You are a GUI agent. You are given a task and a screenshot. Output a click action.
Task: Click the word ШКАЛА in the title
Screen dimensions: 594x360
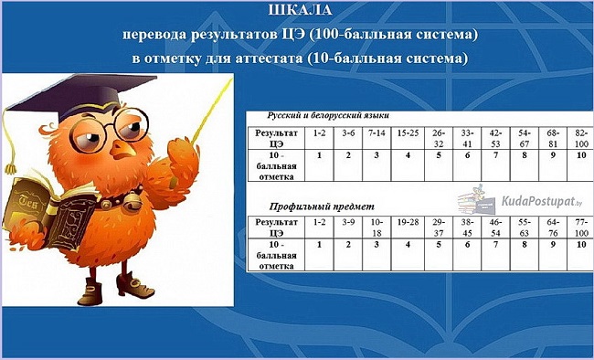[300, 10]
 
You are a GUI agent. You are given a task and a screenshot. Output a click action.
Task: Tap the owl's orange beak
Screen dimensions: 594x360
[122, 149]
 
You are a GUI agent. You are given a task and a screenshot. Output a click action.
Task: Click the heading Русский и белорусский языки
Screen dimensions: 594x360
[328, 115]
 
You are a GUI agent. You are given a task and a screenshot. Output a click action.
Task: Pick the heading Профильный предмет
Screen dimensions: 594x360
[322, 206]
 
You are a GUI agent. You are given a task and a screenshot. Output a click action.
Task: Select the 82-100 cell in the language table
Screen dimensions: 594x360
[581, 138]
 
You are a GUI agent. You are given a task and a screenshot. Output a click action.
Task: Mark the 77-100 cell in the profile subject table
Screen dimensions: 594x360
[581, 228]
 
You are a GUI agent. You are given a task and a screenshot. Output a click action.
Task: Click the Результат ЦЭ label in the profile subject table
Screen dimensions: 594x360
[277, 228]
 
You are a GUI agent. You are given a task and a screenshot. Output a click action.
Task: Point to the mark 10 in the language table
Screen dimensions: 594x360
[581, 155]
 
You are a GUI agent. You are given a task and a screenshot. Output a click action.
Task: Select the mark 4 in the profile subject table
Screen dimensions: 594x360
[408, 245]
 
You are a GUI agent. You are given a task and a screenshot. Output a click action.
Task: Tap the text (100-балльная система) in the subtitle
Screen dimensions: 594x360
[393, 35]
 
